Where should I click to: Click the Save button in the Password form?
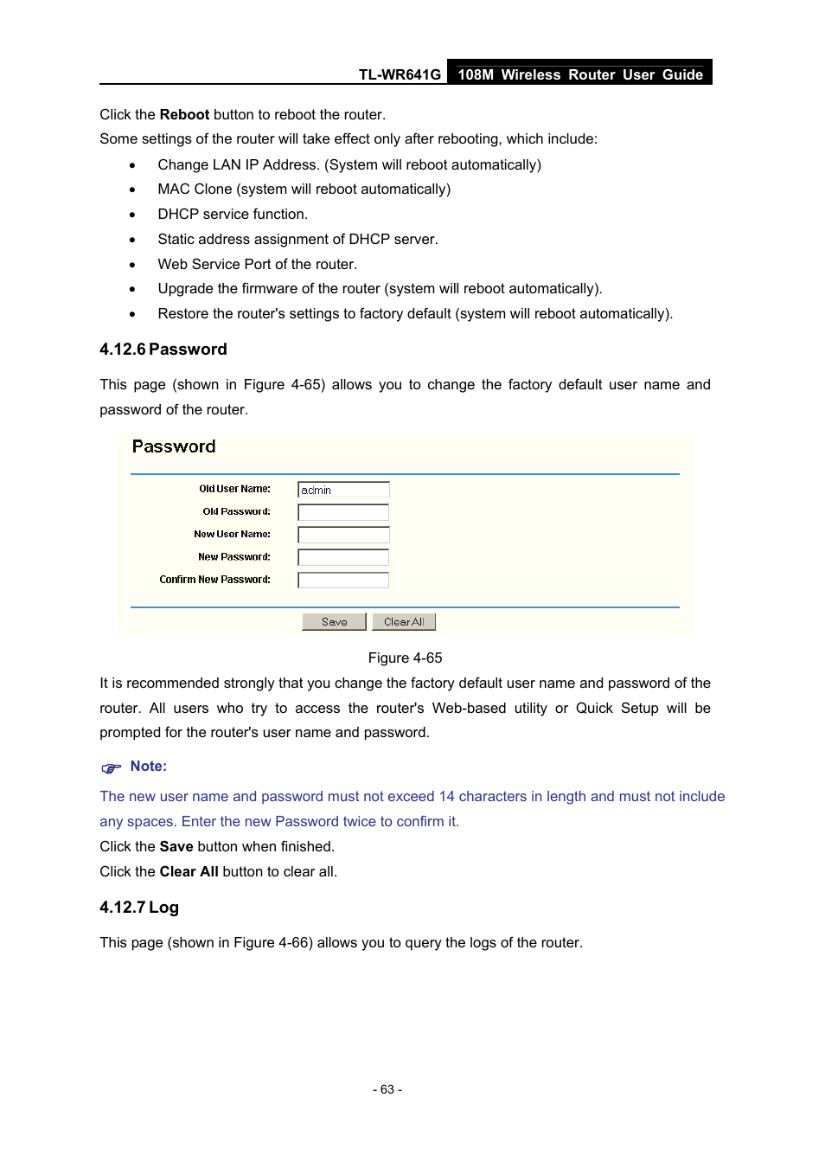point(334,622)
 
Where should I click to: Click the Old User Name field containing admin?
point(343,490)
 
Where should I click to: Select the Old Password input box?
point(343,512)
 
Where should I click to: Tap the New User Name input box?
point(343,535)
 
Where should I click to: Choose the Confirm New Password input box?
point(343,580)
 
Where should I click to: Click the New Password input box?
point(343,557)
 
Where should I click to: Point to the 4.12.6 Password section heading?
point(163,350)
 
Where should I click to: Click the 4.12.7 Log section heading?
point(139,908)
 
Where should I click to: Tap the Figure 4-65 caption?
point(405,658)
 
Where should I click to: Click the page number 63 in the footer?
point(387,1090)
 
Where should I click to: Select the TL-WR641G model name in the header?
point(400,75)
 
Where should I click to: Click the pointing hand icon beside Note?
point(112,768)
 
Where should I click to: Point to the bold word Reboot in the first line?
point(184,115)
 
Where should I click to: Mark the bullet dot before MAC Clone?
point(132,190)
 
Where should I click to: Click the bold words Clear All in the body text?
point(189,872)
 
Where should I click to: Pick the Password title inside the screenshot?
point(174,447)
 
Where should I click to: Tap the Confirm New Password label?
point(214,580)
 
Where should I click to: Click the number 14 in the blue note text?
point(446,797)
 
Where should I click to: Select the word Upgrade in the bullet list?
point(185,289)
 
